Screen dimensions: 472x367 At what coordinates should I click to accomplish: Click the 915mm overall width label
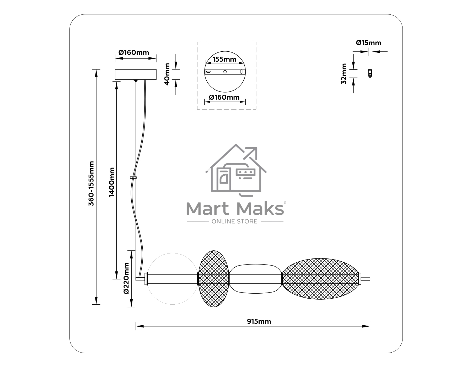(x=259, y=321)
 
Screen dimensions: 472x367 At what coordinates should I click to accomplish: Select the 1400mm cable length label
(x=112, y=182)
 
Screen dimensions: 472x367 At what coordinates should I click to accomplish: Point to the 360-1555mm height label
(x=91, y=183)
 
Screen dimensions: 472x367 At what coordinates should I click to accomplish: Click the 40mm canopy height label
(x=167, y=74)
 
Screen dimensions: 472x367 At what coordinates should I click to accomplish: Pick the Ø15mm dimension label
(x=368, y=43)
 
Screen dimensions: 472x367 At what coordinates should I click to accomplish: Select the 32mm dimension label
(x=344, y=74)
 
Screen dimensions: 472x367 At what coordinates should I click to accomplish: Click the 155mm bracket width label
(x=224, y=59)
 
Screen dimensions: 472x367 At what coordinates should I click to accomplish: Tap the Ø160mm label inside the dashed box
(x=224, y=97)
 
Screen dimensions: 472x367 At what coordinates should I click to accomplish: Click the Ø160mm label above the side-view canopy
(x=134, y=52)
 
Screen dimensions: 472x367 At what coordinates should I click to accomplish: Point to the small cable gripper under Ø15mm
(x=370, y=73)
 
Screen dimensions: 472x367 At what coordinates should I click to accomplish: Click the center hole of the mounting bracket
(x=225, y=72)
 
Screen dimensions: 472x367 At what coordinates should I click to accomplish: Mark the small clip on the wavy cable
(x=133, y=178)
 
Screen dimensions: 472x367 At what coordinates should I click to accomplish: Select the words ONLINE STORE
(x=234, y=222)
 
